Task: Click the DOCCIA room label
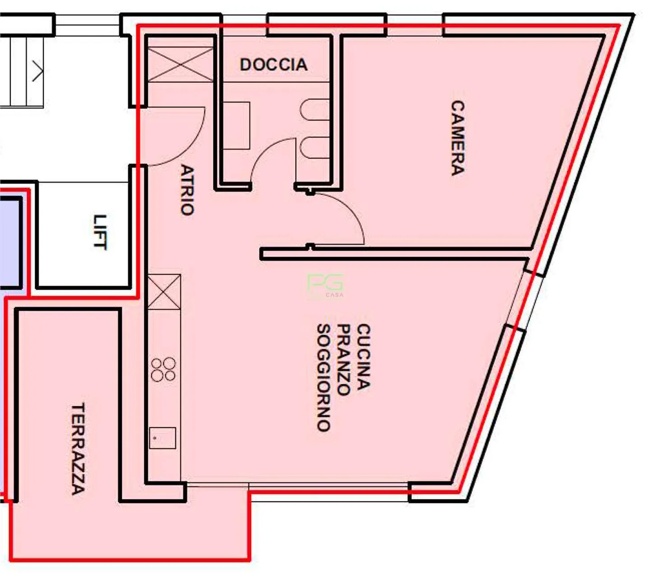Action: [x=274, y=65]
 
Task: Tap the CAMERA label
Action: [x=457, y=138]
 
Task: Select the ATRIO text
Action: [x=187, y=189]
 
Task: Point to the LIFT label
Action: [x=100, y=231]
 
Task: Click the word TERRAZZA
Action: [x=78, y=448]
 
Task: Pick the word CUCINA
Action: [x=363, y=356]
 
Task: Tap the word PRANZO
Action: [x=344, y=359]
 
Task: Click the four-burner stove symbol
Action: [x=163, y=369]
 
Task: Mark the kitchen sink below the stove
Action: [x=162, y=438]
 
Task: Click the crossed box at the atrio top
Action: [x=181, y=64]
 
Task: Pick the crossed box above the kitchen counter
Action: [x=164, y=292]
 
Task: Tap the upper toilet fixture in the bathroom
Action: [x=315, y=110]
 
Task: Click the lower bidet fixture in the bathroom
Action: [x=315, y=148]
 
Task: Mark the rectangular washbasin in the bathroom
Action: [x=236, y=126]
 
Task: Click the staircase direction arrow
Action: [x=37, y=72]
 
